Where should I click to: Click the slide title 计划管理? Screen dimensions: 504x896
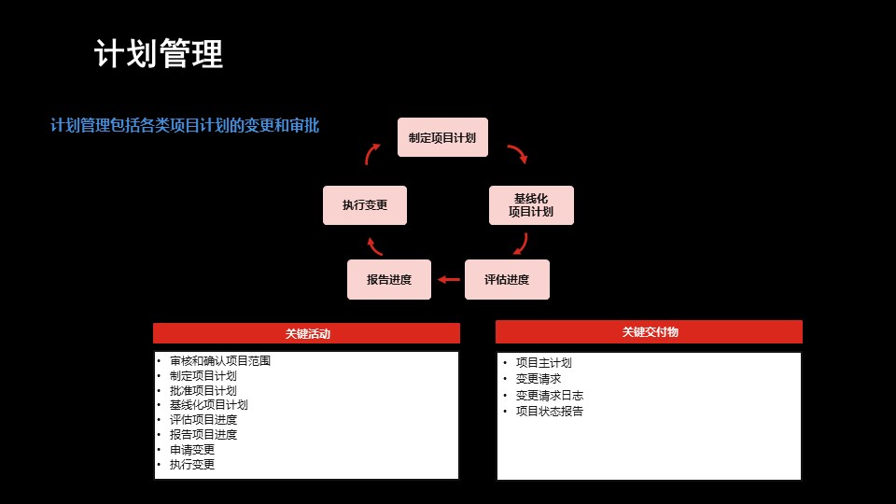[x=159, y=54]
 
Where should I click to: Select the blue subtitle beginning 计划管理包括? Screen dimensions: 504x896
[x=185, y=125]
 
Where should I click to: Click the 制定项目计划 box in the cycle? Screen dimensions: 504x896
[x=442, y=137]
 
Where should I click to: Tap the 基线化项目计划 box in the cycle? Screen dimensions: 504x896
[x=531, y=205]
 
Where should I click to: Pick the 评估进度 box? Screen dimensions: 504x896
[x=507, y=279]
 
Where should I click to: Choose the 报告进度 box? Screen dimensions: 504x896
[x=389, y=279]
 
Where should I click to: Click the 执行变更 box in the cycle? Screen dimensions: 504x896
[x=365, y=205]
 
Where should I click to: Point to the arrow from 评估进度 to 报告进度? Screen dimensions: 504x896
[x=449, y=279]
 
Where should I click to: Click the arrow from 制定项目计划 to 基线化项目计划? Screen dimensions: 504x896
[x=518, y=154]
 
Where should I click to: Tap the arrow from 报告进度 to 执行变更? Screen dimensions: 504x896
[x=374, y=246]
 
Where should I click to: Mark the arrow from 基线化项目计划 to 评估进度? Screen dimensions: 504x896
[x=521, y=245]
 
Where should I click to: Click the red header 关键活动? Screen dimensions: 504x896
[x=306, y=333]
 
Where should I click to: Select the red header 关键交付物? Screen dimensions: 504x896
[x=650, y=331]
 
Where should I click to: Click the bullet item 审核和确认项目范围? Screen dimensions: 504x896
[x=220, y=360]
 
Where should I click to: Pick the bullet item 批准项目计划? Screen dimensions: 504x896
[x=203, y=390]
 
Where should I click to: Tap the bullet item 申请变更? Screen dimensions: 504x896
[x=191, y=449]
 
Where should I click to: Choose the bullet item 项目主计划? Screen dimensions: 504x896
[x=543, y=363]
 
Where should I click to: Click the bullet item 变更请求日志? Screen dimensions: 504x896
[x=549, y=395]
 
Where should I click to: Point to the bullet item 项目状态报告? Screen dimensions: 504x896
[x=549, y=411]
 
